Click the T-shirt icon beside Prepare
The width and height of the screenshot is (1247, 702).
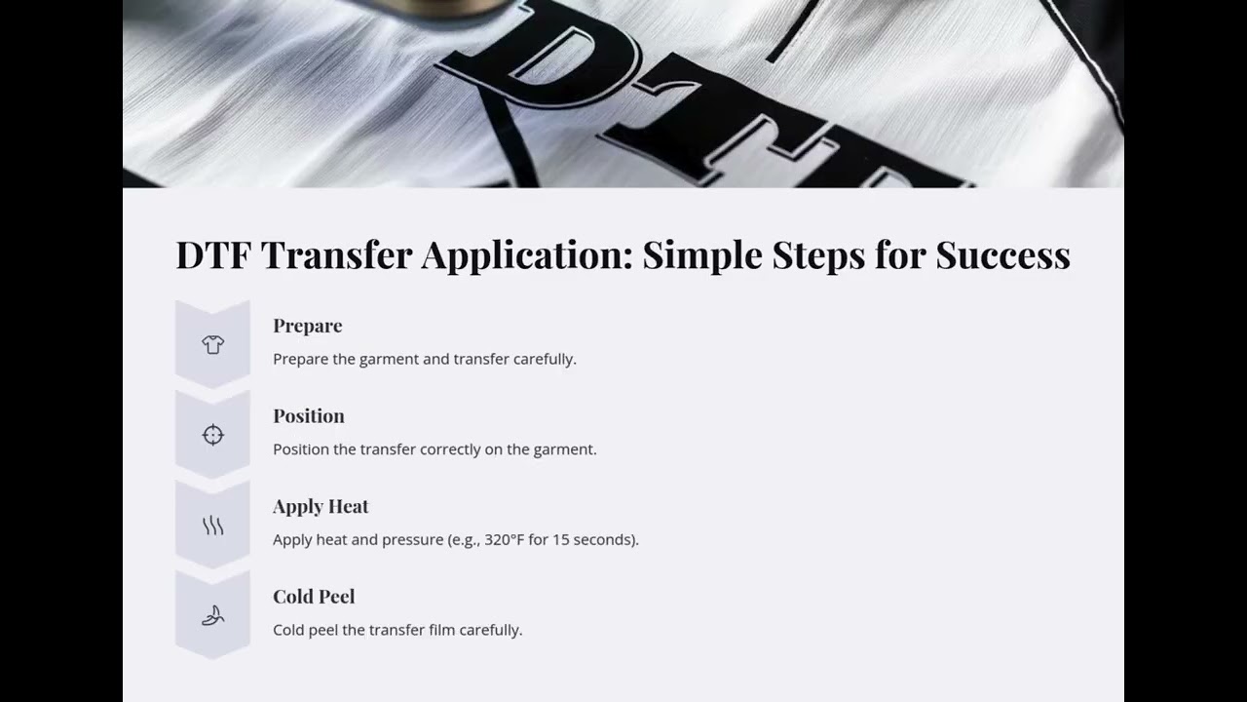pyautogui.click(x=212, y=344)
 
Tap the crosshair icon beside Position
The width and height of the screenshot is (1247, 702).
pyautogui.click(x=212, y=435)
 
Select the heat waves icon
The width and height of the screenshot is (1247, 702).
pyautogui.click(x=212, y=526)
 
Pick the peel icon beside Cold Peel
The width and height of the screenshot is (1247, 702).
pyautogui.click(x=212, y=615)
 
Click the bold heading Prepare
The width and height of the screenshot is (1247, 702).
pyautogui.click(x=308, y=326)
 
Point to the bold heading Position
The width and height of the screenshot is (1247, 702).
pyautogui.click(x=309, y=416)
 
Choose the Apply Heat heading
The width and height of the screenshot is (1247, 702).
pyautogui.click(x=321, y=506)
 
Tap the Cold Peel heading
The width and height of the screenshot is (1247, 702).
pyautogui.click(x=314, y=597)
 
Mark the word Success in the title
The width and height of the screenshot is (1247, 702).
pyautogui.click(x=1002, y=255)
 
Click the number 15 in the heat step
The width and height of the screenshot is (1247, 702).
pyautogui.click(x=561, y=539)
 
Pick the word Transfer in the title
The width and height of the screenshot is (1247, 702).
pyautogui.click(x=335, y=255)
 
